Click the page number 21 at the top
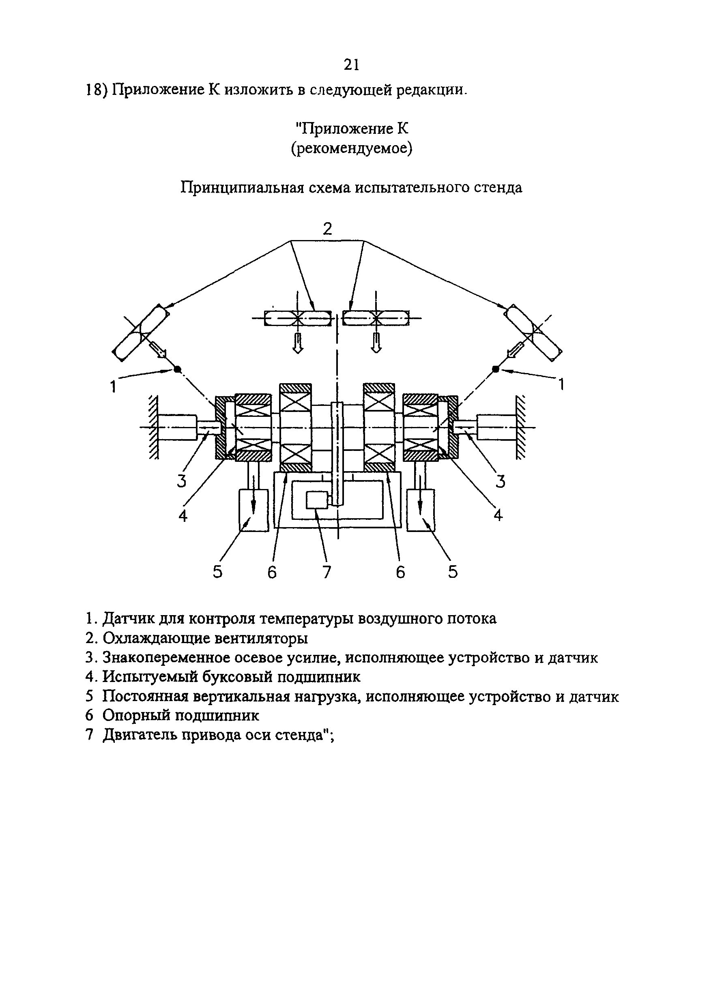[351, 65]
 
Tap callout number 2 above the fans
[328, 229]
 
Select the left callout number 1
[114, 386]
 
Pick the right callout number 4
[498, 515]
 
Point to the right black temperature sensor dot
[496, 369]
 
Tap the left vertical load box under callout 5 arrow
[253, 511]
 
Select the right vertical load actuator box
[421, 511]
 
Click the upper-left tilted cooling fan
[140, 333]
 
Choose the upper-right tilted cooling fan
[533, 333]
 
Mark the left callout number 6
[272, 572]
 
